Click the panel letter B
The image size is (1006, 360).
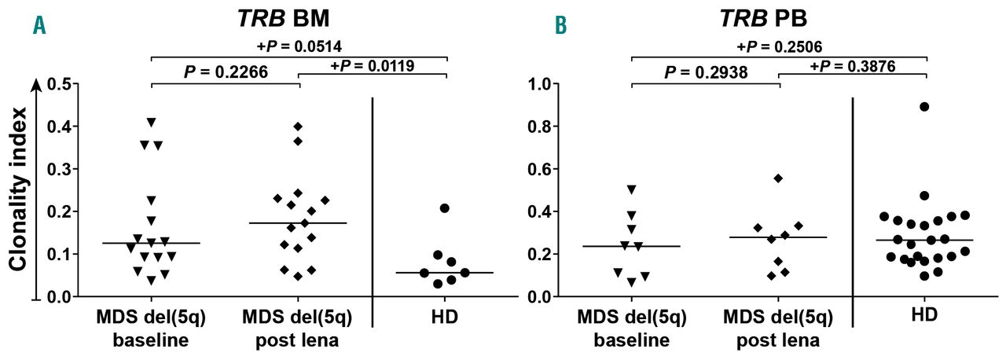560,26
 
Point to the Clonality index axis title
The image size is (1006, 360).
20,188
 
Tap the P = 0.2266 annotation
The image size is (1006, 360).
226,72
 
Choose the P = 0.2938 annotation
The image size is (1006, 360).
706,72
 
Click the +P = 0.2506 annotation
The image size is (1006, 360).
780,46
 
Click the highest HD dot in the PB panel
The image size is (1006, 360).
924,107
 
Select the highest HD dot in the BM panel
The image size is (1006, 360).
444,208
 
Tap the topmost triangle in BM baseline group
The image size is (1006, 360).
152,122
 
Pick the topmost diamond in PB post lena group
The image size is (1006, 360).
778,178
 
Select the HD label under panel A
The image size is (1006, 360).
444,318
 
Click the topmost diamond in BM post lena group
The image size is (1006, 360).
298,127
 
